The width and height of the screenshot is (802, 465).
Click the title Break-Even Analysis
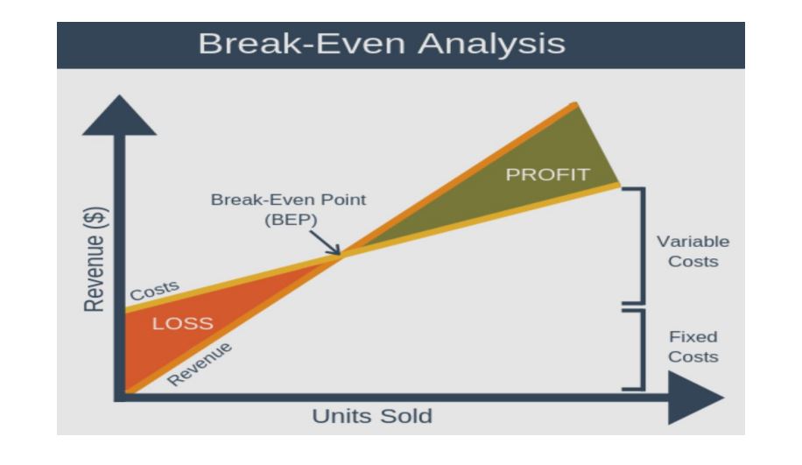coord(381,43)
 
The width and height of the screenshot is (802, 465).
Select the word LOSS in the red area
coord(183,323)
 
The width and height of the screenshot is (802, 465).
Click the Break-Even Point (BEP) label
coord(289,209)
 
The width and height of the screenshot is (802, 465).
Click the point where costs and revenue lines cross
coord(341,255)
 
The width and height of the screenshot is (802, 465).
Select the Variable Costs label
coord(693,251)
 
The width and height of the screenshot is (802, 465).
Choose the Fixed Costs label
coord(693,347)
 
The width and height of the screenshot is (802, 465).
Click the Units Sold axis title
coord(372,416)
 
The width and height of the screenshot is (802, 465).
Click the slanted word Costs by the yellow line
coord(155,291)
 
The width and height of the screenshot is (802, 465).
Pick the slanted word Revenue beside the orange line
coord(200,363)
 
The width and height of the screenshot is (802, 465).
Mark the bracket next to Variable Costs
coord(638,245)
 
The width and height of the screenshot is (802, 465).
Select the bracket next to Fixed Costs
coord(638,349)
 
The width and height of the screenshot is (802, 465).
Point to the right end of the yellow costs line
coord(617,185)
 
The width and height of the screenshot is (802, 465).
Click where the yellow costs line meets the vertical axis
coord(128,309)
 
